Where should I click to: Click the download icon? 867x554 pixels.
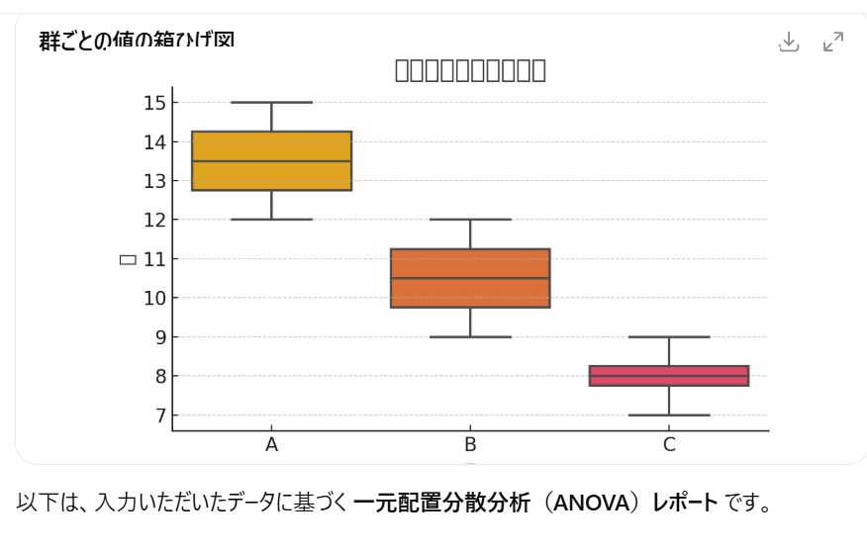788,42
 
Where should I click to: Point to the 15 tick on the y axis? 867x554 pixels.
154,103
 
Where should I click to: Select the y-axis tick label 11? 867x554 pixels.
154,259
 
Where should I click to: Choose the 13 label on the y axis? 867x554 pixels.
154,181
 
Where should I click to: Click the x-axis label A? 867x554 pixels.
271,445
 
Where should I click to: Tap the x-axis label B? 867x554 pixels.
470,445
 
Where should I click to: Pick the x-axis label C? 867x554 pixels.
669,445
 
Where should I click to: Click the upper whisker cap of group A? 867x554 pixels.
271,102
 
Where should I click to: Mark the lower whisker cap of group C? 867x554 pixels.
669,415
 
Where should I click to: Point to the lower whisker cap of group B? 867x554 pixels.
470,337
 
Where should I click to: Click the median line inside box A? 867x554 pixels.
271,161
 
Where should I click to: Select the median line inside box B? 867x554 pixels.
470,278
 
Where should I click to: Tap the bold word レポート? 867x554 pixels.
685,503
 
